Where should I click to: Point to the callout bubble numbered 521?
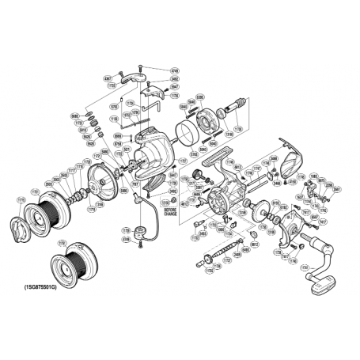[127, 148]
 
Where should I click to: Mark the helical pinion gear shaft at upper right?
[237, 107]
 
